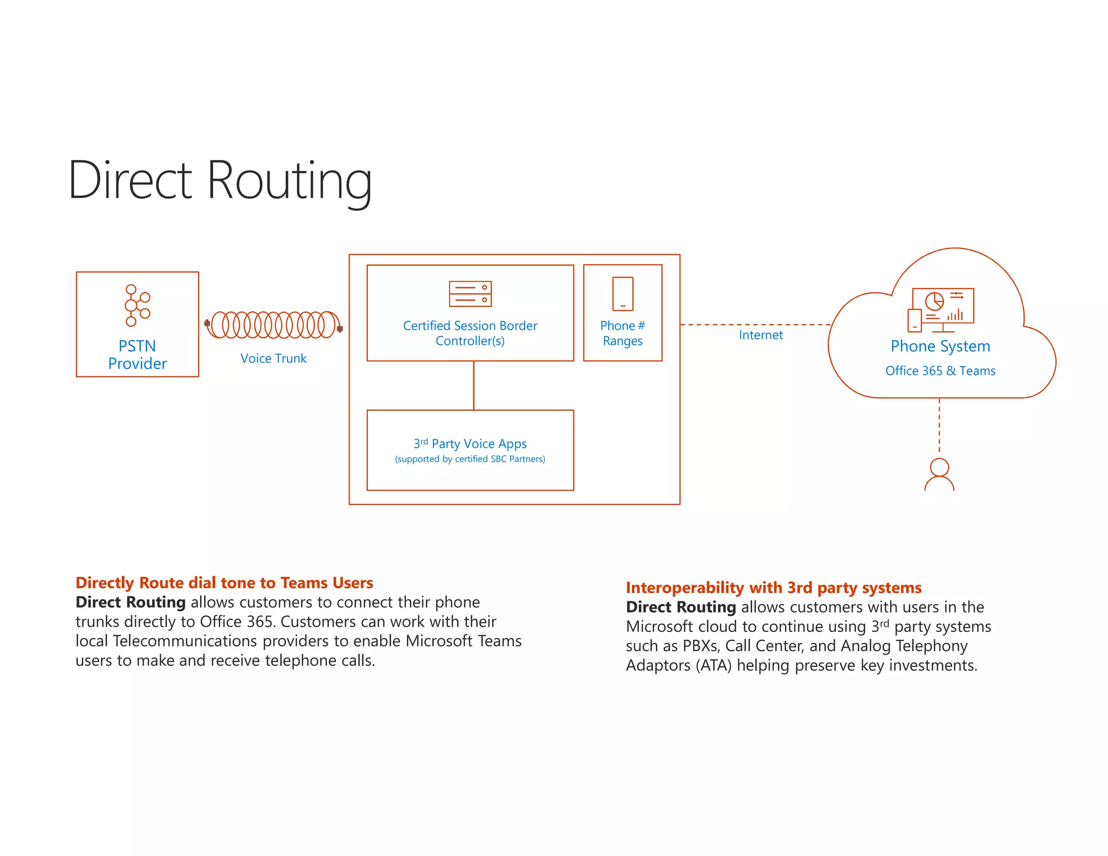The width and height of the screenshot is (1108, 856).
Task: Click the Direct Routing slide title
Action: coord(220,181)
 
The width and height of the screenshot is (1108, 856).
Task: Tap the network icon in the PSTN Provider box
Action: coord(137,305)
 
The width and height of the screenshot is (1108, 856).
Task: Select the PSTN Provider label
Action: coord(137,355)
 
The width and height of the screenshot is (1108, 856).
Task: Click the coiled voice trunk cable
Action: coord(273,325)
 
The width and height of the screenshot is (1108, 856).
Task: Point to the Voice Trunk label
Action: coord(273,358)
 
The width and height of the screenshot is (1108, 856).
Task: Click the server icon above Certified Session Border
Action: coord(470,294)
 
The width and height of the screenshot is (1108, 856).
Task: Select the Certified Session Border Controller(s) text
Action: coord(470,333)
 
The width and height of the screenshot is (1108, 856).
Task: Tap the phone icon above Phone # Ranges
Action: coord(623,294)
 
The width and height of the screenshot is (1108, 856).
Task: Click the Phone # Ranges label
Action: coord(623,333)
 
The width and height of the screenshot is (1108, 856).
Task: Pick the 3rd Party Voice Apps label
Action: coord(470,444)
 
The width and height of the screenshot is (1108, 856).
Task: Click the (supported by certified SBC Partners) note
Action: coord(470,459)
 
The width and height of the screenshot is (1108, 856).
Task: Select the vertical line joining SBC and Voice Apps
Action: coord(474,385)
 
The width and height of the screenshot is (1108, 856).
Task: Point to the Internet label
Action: coord(761,335)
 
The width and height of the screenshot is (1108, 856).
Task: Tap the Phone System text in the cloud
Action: coord(940,346)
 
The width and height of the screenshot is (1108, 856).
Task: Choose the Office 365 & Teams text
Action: coord(940,371)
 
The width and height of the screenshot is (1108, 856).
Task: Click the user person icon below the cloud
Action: coord(939,475)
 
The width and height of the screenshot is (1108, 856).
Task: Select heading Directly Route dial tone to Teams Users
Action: coord(225,583)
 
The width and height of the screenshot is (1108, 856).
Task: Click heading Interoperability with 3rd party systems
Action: coord(774,588)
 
